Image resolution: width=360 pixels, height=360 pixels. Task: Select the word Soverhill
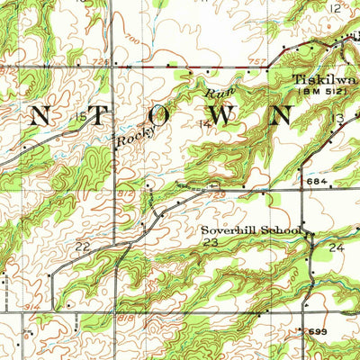point(229,230)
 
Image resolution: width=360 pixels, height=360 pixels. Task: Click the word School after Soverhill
point(280,230)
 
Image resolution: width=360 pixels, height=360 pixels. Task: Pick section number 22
point(82,246)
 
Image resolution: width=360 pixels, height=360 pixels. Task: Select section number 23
point(212,243)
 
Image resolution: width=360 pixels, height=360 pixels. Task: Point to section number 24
point(337,246)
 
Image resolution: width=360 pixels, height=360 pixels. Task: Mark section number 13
point(338,118)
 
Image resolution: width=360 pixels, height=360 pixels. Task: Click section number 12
point(335,8)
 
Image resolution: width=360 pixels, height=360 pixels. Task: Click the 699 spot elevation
point(315,333)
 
